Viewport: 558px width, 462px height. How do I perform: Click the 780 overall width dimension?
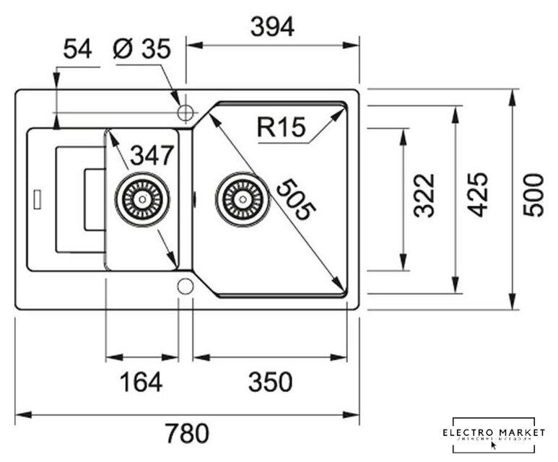pos(187,433)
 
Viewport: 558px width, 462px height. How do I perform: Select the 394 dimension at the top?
pos(271,28)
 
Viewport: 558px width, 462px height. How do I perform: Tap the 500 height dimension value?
pos(533,196)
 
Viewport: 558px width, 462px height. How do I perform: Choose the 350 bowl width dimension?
pos(270,380)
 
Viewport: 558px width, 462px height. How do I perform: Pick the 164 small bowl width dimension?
pos(141,380)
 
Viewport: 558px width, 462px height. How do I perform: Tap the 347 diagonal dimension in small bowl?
pos(152,154)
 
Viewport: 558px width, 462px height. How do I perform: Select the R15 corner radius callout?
pos(281,128)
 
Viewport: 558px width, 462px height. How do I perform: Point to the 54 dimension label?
pos(78,50)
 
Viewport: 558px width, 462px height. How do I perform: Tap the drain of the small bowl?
pos(143,197)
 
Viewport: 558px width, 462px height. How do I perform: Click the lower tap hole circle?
pos(186,286)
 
